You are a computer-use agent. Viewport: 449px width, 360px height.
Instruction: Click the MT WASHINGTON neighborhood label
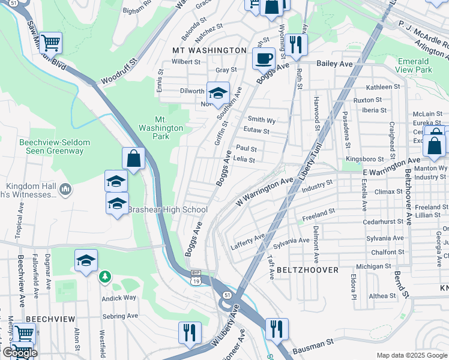[209, 50]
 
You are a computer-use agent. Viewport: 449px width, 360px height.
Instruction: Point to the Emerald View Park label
[414, 65]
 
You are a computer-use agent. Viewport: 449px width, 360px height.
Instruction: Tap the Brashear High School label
[167, 210]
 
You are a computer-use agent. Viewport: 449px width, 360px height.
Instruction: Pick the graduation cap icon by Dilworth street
[218, 93]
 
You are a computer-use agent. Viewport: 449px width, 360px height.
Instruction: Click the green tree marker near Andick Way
[105, 276]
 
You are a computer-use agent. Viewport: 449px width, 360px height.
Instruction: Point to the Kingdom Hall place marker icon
[65, 190]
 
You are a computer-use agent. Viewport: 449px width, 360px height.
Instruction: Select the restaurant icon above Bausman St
[277, 329]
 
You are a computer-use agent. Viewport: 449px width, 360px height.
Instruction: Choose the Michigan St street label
[373, 266]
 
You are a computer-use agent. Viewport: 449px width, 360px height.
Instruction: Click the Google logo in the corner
[19, 353]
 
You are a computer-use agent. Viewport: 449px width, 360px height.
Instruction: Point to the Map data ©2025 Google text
[411, 355]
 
